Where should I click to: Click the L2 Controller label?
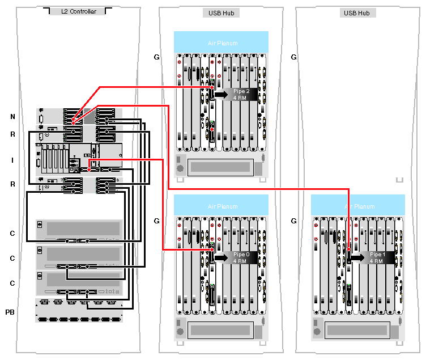click(x=79, y=12)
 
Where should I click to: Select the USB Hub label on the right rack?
click(x=357, y=12)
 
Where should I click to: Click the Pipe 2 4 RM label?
click(x=241, y=94)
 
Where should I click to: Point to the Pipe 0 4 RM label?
click(x=241, y=257)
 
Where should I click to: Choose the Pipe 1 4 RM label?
click(x=378, y=257)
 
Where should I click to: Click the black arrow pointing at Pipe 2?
click(x=220, y=94)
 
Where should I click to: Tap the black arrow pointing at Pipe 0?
click(x=220, y=257)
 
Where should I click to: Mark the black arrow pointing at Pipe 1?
click(x=357, y=257)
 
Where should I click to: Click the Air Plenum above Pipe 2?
click(x=221, y=43)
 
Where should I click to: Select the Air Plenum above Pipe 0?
click(x=221, y=206)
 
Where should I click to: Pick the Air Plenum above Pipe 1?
click(x=358, y=206)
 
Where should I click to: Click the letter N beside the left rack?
click(x=12, y=117)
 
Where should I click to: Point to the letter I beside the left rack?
click(x=12, y=160)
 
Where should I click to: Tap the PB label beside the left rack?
click(x=10, y=312)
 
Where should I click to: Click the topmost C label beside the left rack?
click(x=12, y=233)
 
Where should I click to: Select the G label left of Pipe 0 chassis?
click(x=157, y=220)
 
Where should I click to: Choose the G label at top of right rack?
click(x=293, y=57)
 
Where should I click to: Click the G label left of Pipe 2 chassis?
click(x=157, y=57)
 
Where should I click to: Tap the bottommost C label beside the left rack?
click(x=12, y=282)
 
